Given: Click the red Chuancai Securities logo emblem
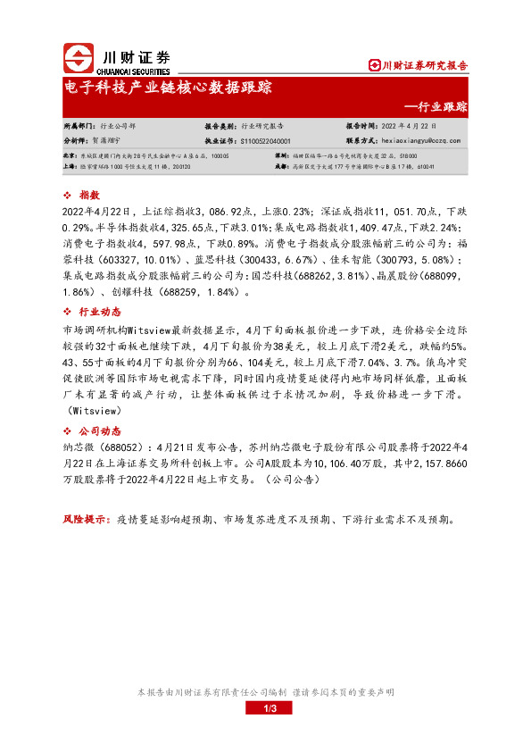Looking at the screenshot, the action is [79, 58].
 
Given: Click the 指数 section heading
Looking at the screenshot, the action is [89, 195].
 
